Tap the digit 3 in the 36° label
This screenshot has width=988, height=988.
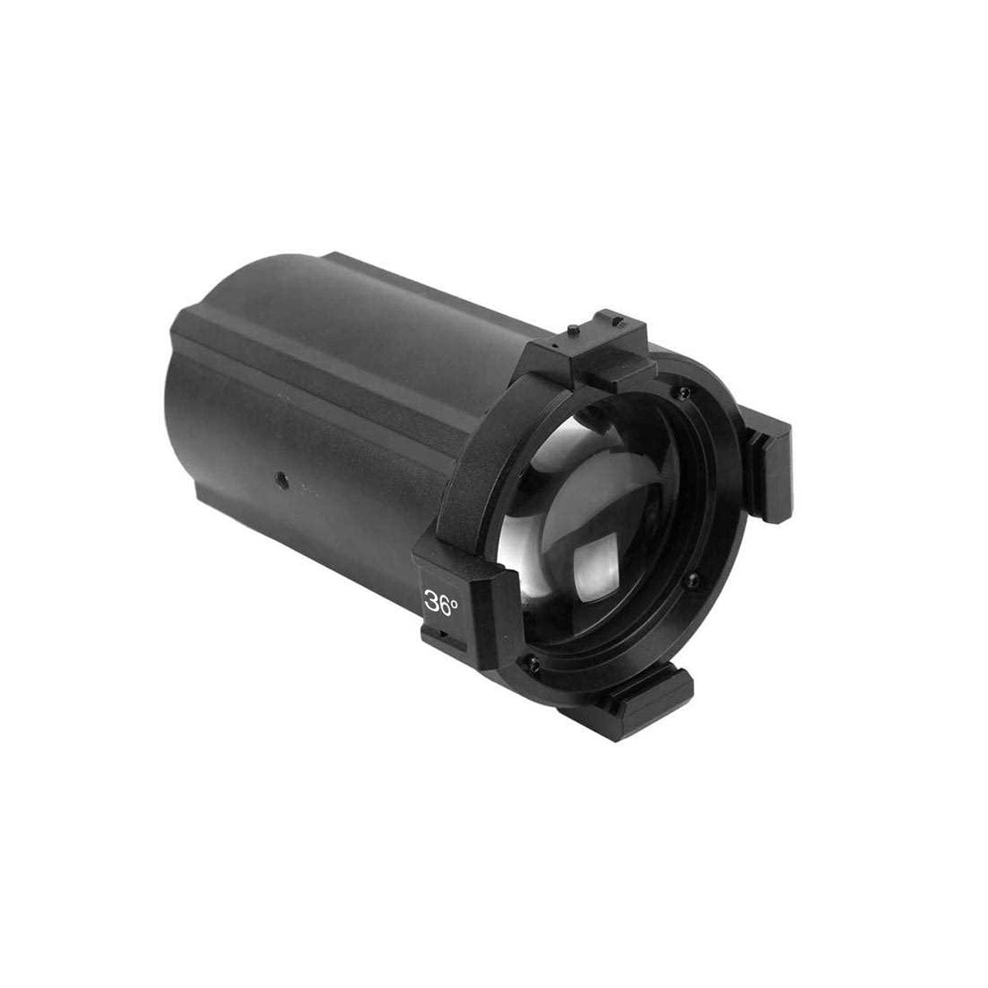[431, 604]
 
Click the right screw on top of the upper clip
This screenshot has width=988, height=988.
[620, 321]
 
